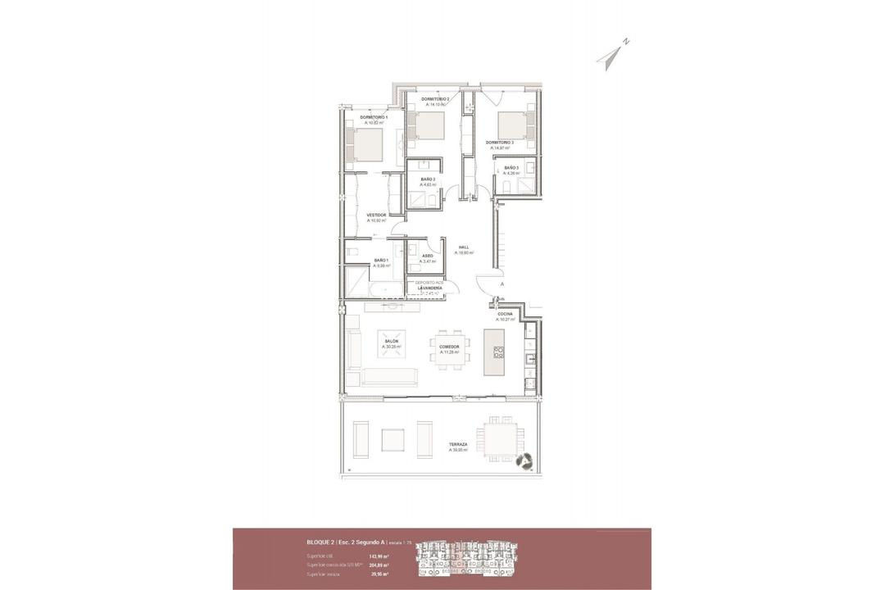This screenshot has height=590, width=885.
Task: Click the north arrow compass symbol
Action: click(610, 55)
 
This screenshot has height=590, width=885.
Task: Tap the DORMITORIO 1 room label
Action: click(374, 117)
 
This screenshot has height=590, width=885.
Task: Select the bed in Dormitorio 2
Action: click(428, 126)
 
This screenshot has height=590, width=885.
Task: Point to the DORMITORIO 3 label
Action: click(499, 143)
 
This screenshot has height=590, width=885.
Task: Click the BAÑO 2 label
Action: click(428, 179)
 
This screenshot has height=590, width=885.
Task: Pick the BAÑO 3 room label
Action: click(511, 168)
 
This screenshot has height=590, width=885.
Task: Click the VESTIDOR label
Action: click(376, 215)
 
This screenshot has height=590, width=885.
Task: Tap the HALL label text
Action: click(464, 247)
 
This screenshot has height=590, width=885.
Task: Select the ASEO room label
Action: click(428, 256)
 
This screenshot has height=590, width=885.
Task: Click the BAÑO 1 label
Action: click(381, 261)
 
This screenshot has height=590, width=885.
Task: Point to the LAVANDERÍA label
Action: click(430, 288)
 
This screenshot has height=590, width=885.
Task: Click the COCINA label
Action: click(506, 314)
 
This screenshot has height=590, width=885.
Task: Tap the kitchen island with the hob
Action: click(495, 352)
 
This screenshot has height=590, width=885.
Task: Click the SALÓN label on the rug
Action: click(392, 343)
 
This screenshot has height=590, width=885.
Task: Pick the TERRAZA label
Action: click(458, 444)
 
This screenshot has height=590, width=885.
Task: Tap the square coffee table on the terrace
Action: click(393, 440)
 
